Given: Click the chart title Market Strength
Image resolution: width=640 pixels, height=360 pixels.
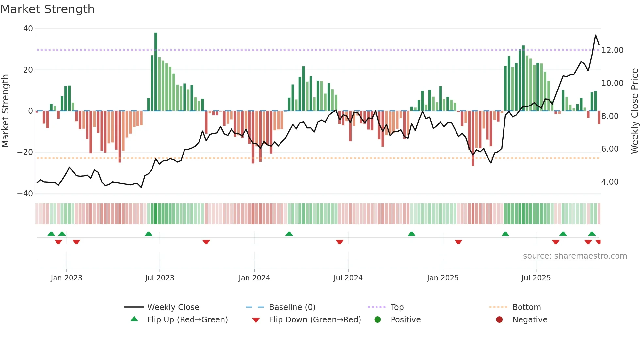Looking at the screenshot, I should coord(47,9).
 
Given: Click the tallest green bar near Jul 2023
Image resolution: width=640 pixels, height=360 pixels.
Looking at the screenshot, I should coord(156,72).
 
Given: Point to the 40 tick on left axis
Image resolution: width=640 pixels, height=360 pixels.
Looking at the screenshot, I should coord(28,29).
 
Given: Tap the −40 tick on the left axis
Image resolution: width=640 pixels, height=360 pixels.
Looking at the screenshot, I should coord(25,194).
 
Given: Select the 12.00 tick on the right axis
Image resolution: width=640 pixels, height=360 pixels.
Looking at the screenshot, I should coord(612,50).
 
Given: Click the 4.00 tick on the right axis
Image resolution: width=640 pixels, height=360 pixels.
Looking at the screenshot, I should coord(610,182).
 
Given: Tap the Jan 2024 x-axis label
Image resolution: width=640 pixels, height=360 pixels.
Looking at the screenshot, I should coord(254,278).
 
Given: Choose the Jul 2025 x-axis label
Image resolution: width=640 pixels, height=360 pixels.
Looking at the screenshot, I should coord(536,278).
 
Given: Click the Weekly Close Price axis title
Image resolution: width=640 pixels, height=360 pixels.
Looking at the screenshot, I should coord(634,111).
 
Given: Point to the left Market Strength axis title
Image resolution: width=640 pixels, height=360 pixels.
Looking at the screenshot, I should coord(6,111).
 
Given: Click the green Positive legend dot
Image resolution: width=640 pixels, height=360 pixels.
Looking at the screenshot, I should coord(378,320).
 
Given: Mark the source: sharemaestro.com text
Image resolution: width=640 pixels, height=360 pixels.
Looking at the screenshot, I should coord(575,256).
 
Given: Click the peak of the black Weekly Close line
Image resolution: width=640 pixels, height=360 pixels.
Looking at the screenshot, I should coord(595,35).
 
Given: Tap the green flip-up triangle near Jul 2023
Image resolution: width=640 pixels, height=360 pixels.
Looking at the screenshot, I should coord(148,234).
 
